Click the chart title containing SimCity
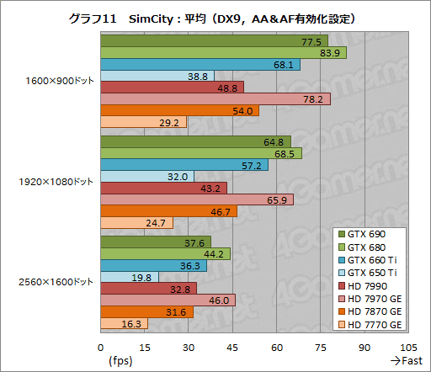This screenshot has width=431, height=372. [x=215, y=17]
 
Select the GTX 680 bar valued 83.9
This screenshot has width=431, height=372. [x=223, y=53]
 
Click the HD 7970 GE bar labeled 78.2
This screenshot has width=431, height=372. [x=215, y=99]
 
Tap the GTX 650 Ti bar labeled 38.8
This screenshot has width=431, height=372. [x=157, y=76]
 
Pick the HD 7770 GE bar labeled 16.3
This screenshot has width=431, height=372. [x=124, y=323]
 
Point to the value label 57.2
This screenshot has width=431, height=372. [x=253, y=166]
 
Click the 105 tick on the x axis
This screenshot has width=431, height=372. [x=407, y=346]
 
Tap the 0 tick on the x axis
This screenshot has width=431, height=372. [x=100, y=346]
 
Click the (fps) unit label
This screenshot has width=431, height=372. [x=120, y=360]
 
